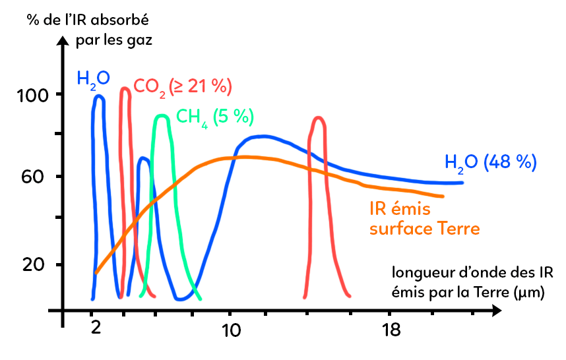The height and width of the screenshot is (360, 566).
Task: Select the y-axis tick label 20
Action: (31, 264)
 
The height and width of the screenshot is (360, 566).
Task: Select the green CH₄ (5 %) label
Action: (214, 117)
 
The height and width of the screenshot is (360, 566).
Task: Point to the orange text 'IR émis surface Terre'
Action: (424, 220)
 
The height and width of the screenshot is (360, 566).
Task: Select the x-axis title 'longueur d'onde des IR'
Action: (472, 272)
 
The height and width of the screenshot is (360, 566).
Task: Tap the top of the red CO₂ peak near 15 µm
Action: (319, 118)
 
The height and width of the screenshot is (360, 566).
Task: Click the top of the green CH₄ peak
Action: (162, 116)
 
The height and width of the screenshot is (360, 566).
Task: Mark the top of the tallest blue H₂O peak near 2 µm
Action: (99, 96)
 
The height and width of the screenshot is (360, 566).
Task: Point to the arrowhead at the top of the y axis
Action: (63, 40)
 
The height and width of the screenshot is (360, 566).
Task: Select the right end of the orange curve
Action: (443, 196)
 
